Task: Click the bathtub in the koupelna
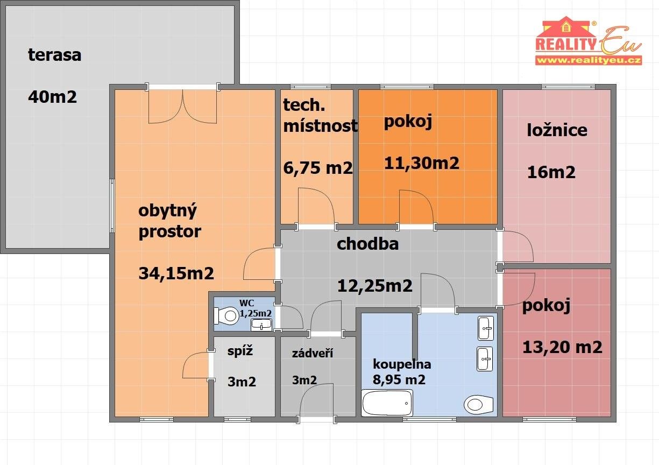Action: point(387,403)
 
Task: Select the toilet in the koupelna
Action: point(478,404)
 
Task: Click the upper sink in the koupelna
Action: point(485,328)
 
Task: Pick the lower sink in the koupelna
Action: point(485,359)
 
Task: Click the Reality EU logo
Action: point(588,41)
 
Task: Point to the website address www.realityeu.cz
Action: point(588,60)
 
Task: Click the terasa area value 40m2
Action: point(52,97)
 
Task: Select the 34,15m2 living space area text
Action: point(176,273)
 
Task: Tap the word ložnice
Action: point(557,130)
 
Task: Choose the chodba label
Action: point(367,244)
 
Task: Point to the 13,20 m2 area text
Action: point(562,348)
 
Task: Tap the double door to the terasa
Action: point(183,106)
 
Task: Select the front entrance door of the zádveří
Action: point(317,404)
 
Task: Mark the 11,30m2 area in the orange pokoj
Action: point(421,163)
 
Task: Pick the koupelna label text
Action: point(402,364)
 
